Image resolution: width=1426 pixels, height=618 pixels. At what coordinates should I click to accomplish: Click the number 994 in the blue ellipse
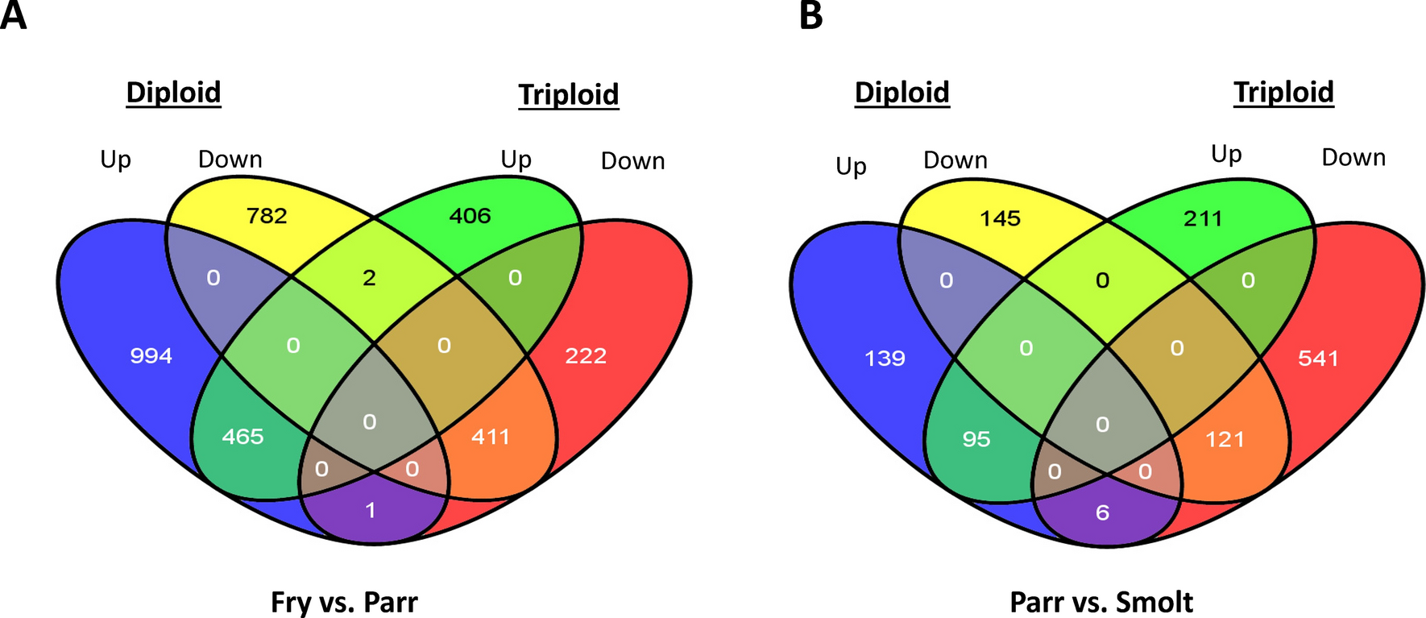151,356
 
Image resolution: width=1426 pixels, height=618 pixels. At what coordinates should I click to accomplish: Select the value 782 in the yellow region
267,216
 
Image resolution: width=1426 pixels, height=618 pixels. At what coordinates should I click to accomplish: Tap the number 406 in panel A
470,216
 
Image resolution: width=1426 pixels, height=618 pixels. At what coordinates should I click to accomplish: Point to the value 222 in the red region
586,356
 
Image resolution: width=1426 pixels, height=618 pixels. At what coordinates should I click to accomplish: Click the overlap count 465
243,437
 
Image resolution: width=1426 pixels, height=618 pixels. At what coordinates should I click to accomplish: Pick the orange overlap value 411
490,437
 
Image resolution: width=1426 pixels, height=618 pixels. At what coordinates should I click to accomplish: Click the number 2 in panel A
369,279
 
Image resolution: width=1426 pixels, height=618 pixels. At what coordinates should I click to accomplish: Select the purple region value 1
370,510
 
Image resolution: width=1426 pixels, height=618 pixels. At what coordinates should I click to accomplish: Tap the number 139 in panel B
885,359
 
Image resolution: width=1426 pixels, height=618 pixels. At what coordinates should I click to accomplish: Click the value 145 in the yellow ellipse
1000,218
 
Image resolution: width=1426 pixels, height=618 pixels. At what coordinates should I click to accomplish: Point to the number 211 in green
1203,218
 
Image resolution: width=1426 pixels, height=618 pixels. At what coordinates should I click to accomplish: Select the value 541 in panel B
1318,359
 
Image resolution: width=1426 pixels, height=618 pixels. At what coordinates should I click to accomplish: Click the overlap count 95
976,439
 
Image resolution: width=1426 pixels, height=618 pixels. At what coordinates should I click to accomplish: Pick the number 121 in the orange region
1225,439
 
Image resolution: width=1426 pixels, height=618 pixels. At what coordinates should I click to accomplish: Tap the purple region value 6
1102,512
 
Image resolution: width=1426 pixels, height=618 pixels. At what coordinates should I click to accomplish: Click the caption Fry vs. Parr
344,602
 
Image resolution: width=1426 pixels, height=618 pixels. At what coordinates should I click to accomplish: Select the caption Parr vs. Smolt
1101,602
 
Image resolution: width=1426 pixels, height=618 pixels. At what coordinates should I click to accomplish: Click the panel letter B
810,16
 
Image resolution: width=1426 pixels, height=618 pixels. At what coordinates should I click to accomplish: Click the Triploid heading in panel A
568,94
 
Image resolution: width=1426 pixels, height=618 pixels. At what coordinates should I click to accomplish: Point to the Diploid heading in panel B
902,93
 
